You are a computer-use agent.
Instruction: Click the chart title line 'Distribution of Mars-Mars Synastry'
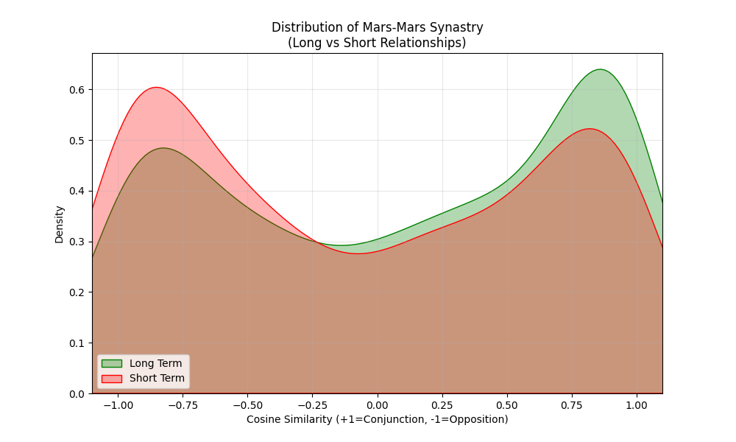point(377,27)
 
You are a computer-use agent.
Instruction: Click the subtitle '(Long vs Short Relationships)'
point(377,43)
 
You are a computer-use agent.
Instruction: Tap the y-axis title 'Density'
point(59,224)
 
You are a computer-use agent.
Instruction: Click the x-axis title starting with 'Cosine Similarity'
point(377,419)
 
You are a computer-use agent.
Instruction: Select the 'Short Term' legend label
point(157,379)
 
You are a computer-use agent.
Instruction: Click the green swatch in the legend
point(111,363)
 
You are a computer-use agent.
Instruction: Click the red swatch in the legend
point(111,379)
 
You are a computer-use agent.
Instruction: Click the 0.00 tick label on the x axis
point(378,405)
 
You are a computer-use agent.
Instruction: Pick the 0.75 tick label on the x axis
point(572,405)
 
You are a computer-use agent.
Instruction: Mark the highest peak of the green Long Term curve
point(601,69)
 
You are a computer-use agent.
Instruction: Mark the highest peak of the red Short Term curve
point(156,88)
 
